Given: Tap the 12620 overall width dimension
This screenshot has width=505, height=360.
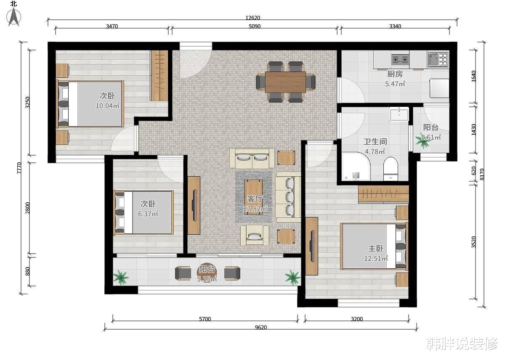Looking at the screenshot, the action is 253,18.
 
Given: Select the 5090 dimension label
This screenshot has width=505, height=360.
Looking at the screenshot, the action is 255,26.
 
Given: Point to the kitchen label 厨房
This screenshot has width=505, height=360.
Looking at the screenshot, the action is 395,74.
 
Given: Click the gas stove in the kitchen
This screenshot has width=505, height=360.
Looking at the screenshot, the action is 400,60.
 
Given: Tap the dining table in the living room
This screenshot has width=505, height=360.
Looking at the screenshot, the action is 285,82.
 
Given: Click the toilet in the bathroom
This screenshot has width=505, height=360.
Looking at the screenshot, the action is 391,169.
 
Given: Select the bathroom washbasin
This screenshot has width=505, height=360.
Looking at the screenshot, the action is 399,114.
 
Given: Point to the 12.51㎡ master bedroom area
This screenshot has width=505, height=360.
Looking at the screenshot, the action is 376,258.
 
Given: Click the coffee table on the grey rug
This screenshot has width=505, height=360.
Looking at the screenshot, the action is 254,197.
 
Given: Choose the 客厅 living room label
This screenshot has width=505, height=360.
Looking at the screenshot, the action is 255,199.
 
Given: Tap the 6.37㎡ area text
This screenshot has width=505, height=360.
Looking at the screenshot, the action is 148,214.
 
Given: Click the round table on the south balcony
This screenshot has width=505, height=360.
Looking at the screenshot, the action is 207,273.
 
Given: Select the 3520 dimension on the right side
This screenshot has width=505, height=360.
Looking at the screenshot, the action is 474,242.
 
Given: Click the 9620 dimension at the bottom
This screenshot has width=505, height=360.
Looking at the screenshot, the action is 261,327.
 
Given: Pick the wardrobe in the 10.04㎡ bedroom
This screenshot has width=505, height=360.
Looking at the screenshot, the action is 159,75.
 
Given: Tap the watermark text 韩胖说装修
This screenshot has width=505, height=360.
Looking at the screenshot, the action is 462,344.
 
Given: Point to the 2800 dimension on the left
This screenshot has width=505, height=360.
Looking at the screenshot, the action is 27,208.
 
